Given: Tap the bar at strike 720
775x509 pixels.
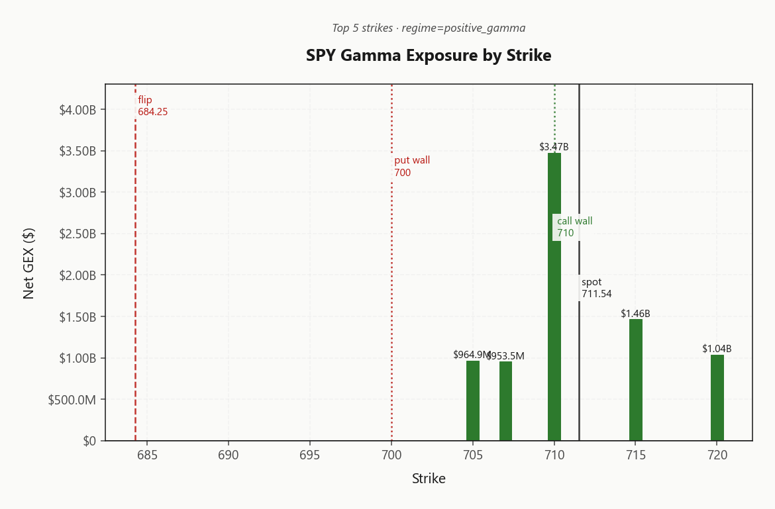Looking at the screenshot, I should pyautogui.click(x=717, y=397).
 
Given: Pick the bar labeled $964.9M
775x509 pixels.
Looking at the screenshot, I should pyautogui.click(x=473, y=400).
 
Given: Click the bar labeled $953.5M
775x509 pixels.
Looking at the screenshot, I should pyautogui.click(x=505, y=400).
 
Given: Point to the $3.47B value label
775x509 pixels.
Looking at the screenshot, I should pyautogui.click(x=554, y=147).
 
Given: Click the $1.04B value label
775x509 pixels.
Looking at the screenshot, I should pyautogui.click(x=717, y=349).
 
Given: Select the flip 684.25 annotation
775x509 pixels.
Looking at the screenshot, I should pyautogui.click(x=152, y=106).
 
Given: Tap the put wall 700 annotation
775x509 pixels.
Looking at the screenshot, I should pyautogui.click(x=412, y=167).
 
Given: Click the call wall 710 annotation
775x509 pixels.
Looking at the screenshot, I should pyautogui.click(x=574, y=227).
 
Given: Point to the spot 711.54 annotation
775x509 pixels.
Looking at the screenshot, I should pyautogui.click(x=596, y=288).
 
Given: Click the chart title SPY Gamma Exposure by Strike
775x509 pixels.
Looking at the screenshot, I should pyautogui.click(x=429, y=56).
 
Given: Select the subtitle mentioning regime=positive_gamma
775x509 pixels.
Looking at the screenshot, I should pyautogui.click(x=429, y=28).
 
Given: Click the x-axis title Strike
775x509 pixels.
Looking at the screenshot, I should pyautogui.click(x=429, y=479).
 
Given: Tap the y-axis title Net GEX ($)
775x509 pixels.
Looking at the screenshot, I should pyautogui.click(x=28, y=263).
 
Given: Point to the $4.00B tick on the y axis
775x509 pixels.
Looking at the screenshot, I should pyautogui.click(x=78, y=109).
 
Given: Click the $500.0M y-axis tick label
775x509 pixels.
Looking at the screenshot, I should pyautogui.click(x=72, y=400).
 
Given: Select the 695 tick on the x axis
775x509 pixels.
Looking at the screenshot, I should pyautogui.click(x=310, y=455).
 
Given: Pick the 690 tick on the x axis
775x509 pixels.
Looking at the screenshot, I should pyautogui.click(x=229, y=455).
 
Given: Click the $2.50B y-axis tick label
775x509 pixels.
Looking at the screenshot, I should pyautogui.click(x=78, y=234).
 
